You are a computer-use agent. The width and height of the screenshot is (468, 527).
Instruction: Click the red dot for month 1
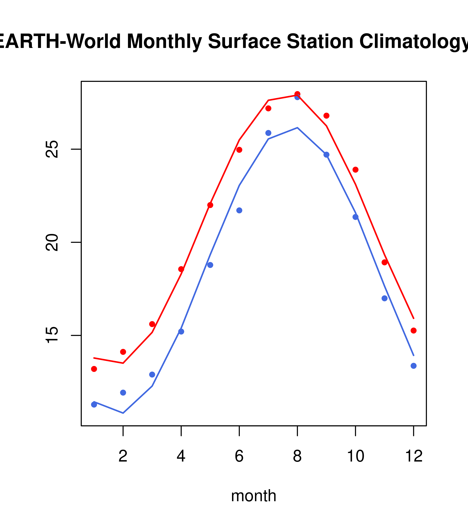[94, 369]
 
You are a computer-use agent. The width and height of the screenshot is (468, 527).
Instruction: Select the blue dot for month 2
[123, 393]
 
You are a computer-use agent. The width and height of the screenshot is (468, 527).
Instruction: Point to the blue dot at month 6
[239, 210]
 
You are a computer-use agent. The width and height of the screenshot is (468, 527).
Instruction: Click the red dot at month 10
[355, 170]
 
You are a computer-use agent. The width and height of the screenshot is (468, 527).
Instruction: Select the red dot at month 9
[326, 116]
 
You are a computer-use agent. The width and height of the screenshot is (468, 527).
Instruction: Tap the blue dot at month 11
[385, 298]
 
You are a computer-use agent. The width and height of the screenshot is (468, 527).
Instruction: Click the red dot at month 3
[152, 324]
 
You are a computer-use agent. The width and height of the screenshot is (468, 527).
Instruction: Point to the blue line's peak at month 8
[297, 128]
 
